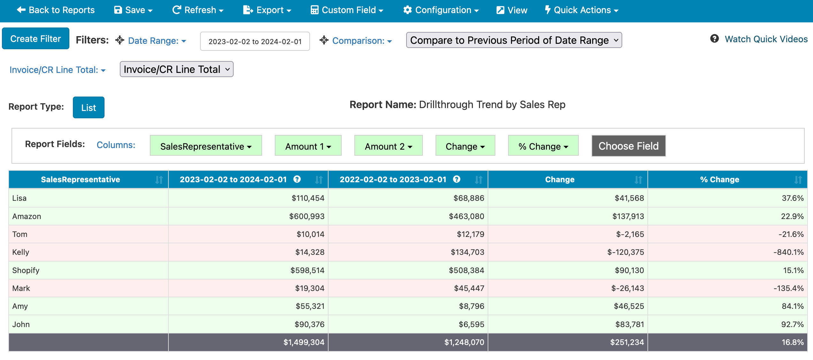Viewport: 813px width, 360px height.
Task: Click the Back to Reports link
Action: (56, 10)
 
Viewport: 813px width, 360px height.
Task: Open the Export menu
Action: (267, 10)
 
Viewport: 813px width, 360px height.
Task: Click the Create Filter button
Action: (35, 39)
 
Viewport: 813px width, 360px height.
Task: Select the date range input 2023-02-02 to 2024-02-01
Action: (255, 41)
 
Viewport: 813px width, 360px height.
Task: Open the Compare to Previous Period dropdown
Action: (514, 40)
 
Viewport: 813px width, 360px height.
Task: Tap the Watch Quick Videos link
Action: (766, 39)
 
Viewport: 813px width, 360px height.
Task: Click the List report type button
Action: (89, 107)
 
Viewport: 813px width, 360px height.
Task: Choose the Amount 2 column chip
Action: (388, 146)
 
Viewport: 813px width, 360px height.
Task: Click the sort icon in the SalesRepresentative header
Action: (159, 180)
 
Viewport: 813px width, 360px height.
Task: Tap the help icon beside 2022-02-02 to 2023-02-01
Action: (457, 179)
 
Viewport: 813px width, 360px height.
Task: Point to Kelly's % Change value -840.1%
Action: (788, 252)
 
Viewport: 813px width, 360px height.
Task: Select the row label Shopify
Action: (26, 270)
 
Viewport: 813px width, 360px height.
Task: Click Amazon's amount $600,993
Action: (307, 216)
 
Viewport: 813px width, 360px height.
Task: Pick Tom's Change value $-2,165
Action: (630, 234)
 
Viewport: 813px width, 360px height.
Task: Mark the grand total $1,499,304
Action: (304, 342)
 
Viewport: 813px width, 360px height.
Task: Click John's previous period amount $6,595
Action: (471, 324)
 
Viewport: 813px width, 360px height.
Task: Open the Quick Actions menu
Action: (582, 10)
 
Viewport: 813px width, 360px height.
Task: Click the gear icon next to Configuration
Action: (407, 10)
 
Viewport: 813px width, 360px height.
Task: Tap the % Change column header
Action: (720, 179)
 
